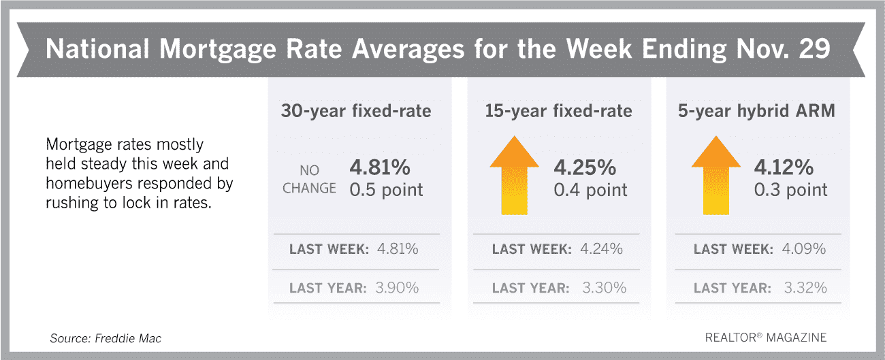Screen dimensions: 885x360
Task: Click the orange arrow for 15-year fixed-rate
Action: pos(514,176)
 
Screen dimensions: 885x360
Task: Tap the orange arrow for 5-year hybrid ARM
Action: pos(716,176)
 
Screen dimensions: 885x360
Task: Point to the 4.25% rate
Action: pos(585,167)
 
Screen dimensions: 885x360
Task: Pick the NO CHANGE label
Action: pos(309,179)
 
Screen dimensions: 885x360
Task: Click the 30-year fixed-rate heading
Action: pos(356,110)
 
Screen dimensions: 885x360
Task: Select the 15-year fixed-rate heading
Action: pos(558,110)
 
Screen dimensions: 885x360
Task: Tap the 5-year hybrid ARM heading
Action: pos(756,110)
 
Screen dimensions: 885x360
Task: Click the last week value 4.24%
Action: pos(601,248)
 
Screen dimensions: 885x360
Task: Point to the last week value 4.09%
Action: pos(803,248)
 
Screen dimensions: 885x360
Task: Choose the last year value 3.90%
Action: pos(397,288)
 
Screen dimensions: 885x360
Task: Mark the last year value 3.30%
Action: pos(604,288)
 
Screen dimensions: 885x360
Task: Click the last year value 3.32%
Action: pos(805,288)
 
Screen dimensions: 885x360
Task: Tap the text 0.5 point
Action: pos(386,190)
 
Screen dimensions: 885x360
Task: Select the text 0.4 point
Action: pos(590,190)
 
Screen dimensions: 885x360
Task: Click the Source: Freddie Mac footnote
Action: pos(106,338)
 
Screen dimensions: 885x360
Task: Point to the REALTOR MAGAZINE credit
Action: pos(766,338)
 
